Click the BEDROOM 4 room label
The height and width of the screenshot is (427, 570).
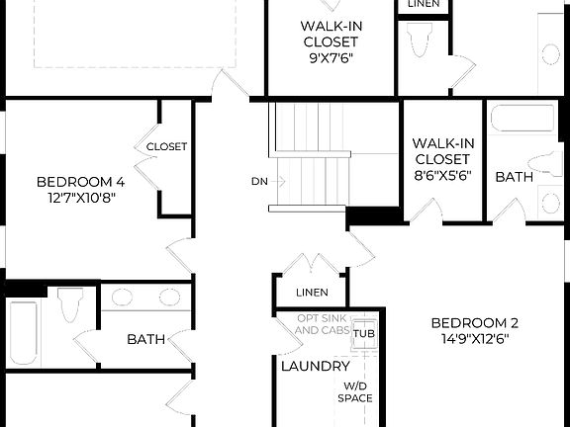click(80, 182)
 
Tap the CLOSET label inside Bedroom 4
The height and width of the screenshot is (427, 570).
click(166, 146)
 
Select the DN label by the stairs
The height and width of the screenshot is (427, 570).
click(258, 182)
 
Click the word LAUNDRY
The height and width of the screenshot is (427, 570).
click(309, 366)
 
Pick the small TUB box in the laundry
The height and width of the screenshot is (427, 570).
click(363, 331)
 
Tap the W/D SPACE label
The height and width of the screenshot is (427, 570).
click(358, 392)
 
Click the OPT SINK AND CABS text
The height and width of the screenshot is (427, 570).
click(322, 324)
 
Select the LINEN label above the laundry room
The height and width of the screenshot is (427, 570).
click(312, 293)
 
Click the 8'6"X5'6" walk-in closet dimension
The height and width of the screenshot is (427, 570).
click(441, 177)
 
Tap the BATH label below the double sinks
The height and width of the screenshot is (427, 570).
click(145, 339)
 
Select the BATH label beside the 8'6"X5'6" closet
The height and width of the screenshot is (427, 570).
click(514, 177)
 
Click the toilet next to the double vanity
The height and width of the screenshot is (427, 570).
click(71, 305)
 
